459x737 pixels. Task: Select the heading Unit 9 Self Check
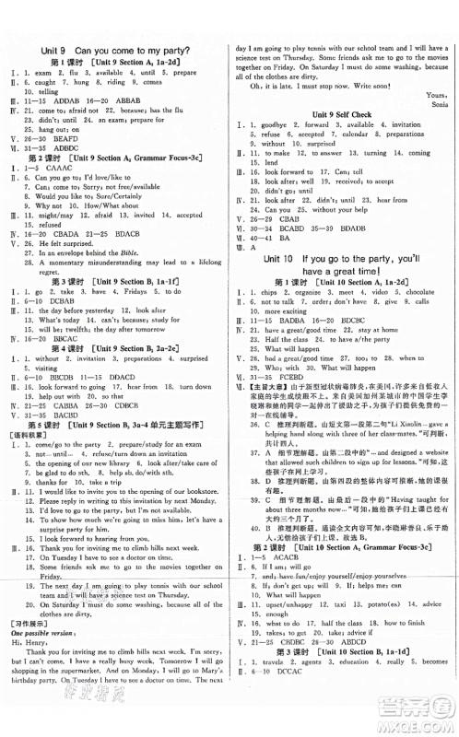tap(339, 113)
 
